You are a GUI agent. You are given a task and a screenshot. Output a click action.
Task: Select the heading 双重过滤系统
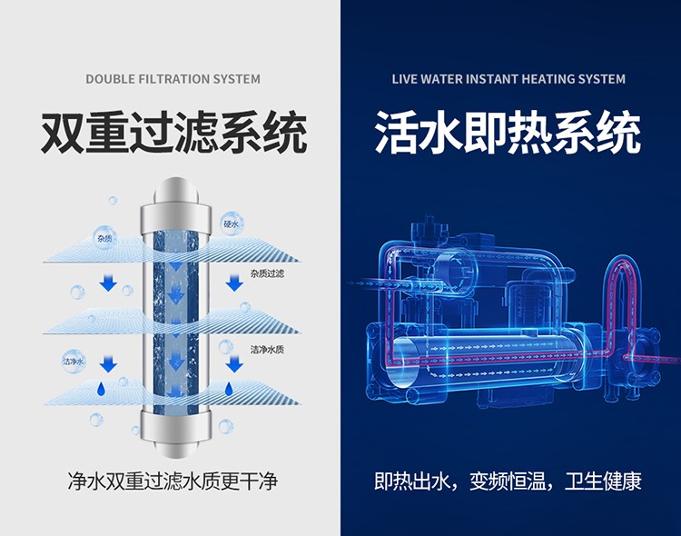click(173, 133)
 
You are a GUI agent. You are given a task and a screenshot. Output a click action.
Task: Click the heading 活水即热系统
click(508, 133)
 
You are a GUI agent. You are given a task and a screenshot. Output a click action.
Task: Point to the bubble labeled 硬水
click(232, 223)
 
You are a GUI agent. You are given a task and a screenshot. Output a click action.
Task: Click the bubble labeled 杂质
click(105, 237)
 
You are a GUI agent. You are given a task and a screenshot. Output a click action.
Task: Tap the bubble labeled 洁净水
click(74, 362)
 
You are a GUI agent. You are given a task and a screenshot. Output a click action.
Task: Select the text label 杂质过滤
click(267, 273)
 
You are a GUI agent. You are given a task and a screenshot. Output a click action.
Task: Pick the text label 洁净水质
click(267, 349)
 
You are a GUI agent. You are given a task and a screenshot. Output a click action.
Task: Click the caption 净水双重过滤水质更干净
click(173, 481)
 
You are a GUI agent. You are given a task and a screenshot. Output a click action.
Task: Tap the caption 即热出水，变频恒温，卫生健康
click(508, 481)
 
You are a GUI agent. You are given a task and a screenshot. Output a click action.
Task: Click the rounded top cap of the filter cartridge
click(176, 190)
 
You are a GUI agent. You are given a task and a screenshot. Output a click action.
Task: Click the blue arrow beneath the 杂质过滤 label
click(234, 283)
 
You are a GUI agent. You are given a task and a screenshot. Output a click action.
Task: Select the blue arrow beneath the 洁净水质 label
click(234, 364)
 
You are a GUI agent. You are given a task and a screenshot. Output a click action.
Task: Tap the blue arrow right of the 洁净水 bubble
click(108, 364)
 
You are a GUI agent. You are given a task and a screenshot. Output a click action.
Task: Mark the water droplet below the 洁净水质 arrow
click(229, 389)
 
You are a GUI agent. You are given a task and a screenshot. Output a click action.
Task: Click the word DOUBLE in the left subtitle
click(110, 79)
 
